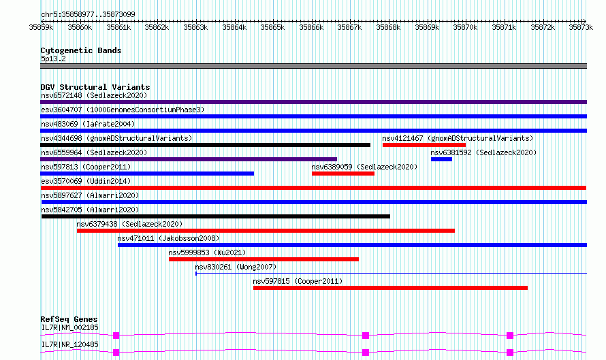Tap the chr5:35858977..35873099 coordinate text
88,14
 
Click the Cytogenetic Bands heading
80,50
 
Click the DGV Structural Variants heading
95,87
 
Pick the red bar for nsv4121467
424,145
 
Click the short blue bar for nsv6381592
441,159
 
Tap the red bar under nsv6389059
342,174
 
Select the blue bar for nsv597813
147,174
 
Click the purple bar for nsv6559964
189,159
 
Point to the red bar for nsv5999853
264,259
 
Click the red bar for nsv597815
390,288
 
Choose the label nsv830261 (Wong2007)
235,267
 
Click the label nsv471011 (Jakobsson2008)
168,238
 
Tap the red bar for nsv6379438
266,231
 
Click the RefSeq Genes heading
69,319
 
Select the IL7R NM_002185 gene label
69,327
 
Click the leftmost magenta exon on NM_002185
116,335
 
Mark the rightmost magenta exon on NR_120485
510,352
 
